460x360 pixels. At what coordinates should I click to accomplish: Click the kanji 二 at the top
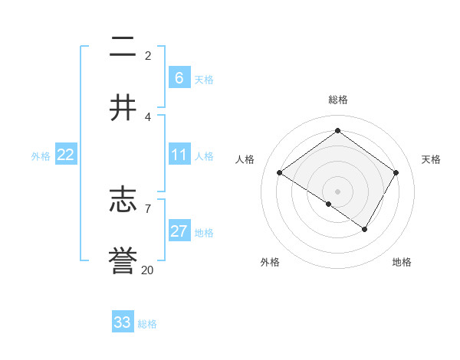click(123, 47)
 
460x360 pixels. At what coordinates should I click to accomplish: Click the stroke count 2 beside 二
click(148, 55)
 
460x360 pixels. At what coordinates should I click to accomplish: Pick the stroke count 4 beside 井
click(148, 116)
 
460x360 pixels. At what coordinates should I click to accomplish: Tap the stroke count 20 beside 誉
click(148, 270)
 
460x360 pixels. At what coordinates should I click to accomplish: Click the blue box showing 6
click(179, 78)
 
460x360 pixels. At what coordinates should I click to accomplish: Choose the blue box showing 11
click(179, 155)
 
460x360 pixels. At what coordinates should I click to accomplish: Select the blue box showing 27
click(179, 232)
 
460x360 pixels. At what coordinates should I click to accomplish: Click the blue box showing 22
click(66, 155)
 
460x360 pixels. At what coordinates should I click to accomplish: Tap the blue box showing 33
click(123, 322)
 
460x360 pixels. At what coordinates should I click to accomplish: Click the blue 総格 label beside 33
click(147, 324)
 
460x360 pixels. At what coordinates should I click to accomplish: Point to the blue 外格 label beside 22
click(41, 156)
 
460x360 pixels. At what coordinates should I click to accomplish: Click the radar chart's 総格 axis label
click(337, 100)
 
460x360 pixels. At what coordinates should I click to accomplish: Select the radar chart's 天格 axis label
click(431, 159)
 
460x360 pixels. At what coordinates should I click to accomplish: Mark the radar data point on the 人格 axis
click(280, 173)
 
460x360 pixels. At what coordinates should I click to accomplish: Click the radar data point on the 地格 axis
click(365, 229)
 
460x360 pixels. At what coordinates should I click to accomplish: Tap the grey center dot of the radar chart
click(337, 191)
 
